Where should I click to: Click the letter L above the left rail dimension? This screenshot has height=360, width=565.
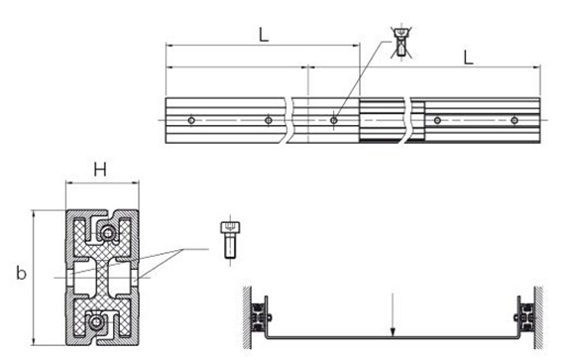click(x=264, y=35)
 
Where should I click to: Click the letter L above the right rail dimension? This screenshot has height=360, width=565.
click(x=468, y=58)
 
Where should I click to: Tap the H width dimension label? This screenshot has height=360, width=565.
click(x=100, y=170)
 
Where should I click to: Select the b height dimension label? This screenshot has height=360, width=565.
click(x=21, y=273)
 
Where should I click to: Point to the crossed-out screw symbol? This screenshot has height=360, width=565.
click(x=401, y=42)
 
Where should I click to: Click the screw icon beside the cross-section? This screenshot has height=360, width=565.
click(x=230, y=240)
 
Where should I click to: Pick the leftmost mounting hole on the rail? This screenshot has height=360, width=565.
click(x=191, y=120)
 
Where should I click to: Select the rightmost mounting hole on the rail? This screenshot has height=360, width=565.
click(x=514, y=120)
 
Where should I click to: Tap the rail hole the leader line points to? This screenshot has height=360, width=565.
click(x=334, y=120)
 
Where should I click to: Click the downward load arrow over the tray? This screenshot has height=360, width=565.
click(x=394, y=314)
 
